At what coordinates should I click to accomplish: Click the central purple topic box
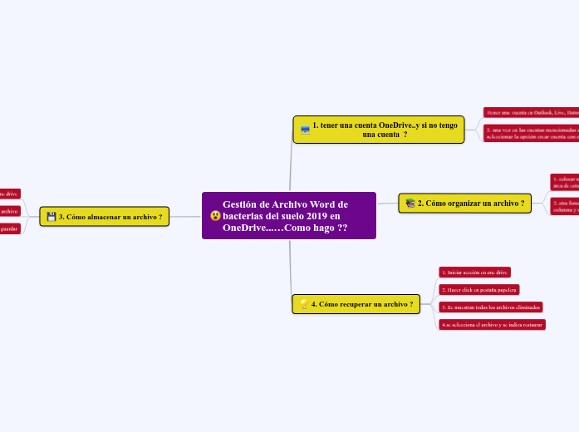coord(288,215)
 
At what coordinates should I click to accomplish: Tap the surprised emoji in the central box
coord(216,216)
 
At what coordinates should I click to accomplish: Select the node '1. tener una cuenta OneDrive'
coord(379,129)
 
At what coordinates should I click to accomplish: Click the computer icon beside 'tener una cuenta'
coord(305,130)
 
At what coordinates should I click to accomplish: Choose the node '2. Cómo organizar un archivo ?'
coord(464,203)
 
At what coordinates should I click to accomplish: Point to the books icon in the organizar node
coord(410,204)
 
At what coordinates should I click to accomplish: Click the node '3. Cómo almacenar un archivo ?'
coord(104,217)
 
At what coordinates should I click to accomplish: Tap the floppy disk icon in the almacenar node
coord(52,217)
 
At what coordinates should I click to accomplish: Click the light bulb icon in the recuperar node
coord(303,305)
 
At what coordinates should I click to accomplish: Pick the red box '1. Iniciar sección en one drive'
coord(474,272)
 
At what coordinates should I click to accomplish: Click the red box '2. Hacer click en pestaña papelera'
coord(479,289)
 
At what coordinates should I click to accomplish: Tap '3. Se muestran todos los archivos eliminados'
coord(491,307)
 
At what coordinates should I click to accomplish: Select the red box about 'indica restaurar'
coord(493,325)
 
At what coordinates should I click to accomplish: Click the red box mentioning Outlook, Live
coord(532,111)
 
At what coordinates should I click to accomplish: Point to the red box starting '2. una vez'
coord(532,133)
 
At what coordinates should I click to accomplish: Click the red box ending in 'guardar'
coord(9,228)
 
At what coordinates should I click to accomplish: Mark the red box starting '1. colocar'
coord(565,180)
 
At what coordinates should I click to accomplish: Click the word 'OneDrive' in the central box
coord(246,228)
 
